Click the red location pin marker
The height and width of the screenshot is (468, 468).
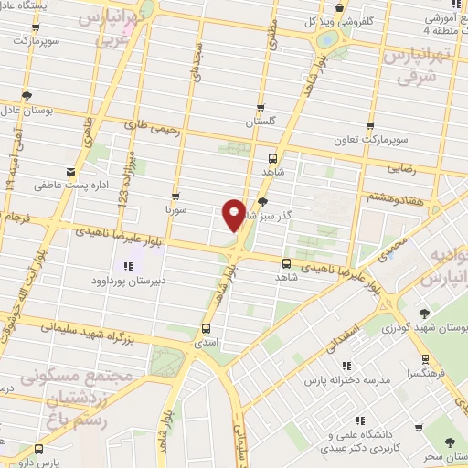click(x=234, y=214)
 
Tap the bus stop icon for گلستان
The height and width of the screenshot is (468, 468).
click(x=261, y=107)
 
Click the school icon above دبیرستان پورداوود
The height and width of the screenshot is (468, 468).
click(x=128, y=266)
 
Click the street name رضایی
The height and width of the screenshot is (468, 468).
click(x=404, y=168)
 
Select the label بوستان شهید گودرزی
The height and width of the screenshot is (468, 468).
click(x=429, y=326)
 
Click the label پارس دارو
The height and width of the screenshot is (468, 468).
click(x=63, y=463)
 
